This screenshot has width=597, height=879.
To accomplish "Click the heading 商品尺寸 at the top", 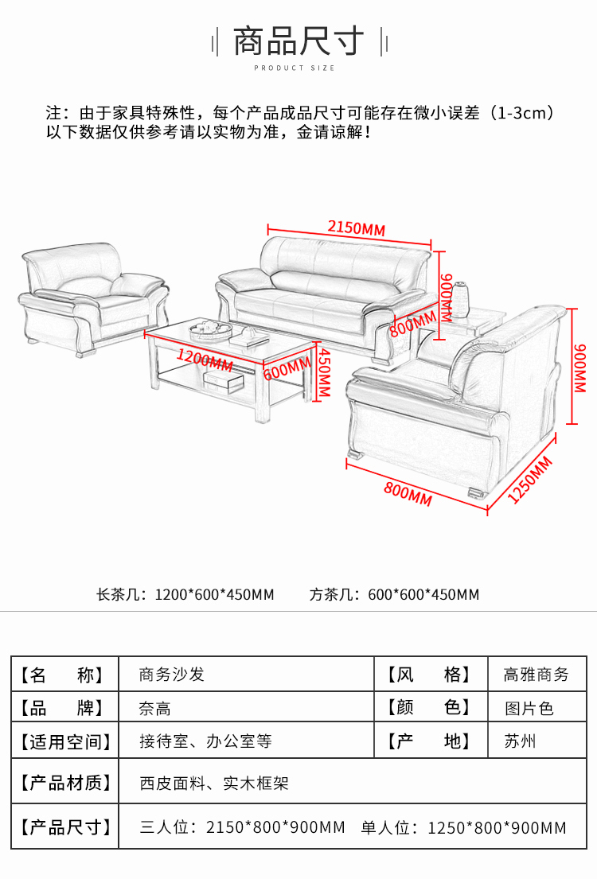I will click(x=298, y=41).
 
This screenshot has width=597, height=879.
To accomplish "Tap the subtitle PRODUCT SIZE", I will click(x=295, y=68).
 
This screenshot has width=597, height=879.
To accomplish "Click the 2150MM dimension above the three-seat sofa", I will click(x=356, y=228).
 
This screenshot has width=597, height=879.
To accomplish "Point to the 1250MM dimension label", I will click(x=531, y=480).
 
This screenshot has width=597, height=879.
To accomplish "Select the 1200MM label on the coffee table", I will click(x=205, y=360).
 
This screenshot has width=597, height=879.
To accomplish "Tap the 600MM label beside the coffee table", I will click(x=287, y=367).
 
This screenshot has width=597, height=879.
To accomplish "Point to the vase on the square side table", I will click(x=460, y=296).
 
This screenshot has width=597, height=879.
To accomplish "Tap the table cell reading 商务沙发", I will click(x=172, y=675).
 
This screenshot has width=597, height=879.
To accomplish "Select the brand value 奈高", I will click(x=154, y=708).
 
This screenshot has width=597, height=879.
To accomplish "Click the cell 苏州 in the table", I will click(x=520, y=741).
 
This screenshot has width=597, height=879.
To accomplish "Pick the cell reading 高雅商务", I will click(x=536, y=675).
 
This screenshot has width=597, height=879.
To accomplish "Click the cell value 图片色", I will click(x=529, y=708).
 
